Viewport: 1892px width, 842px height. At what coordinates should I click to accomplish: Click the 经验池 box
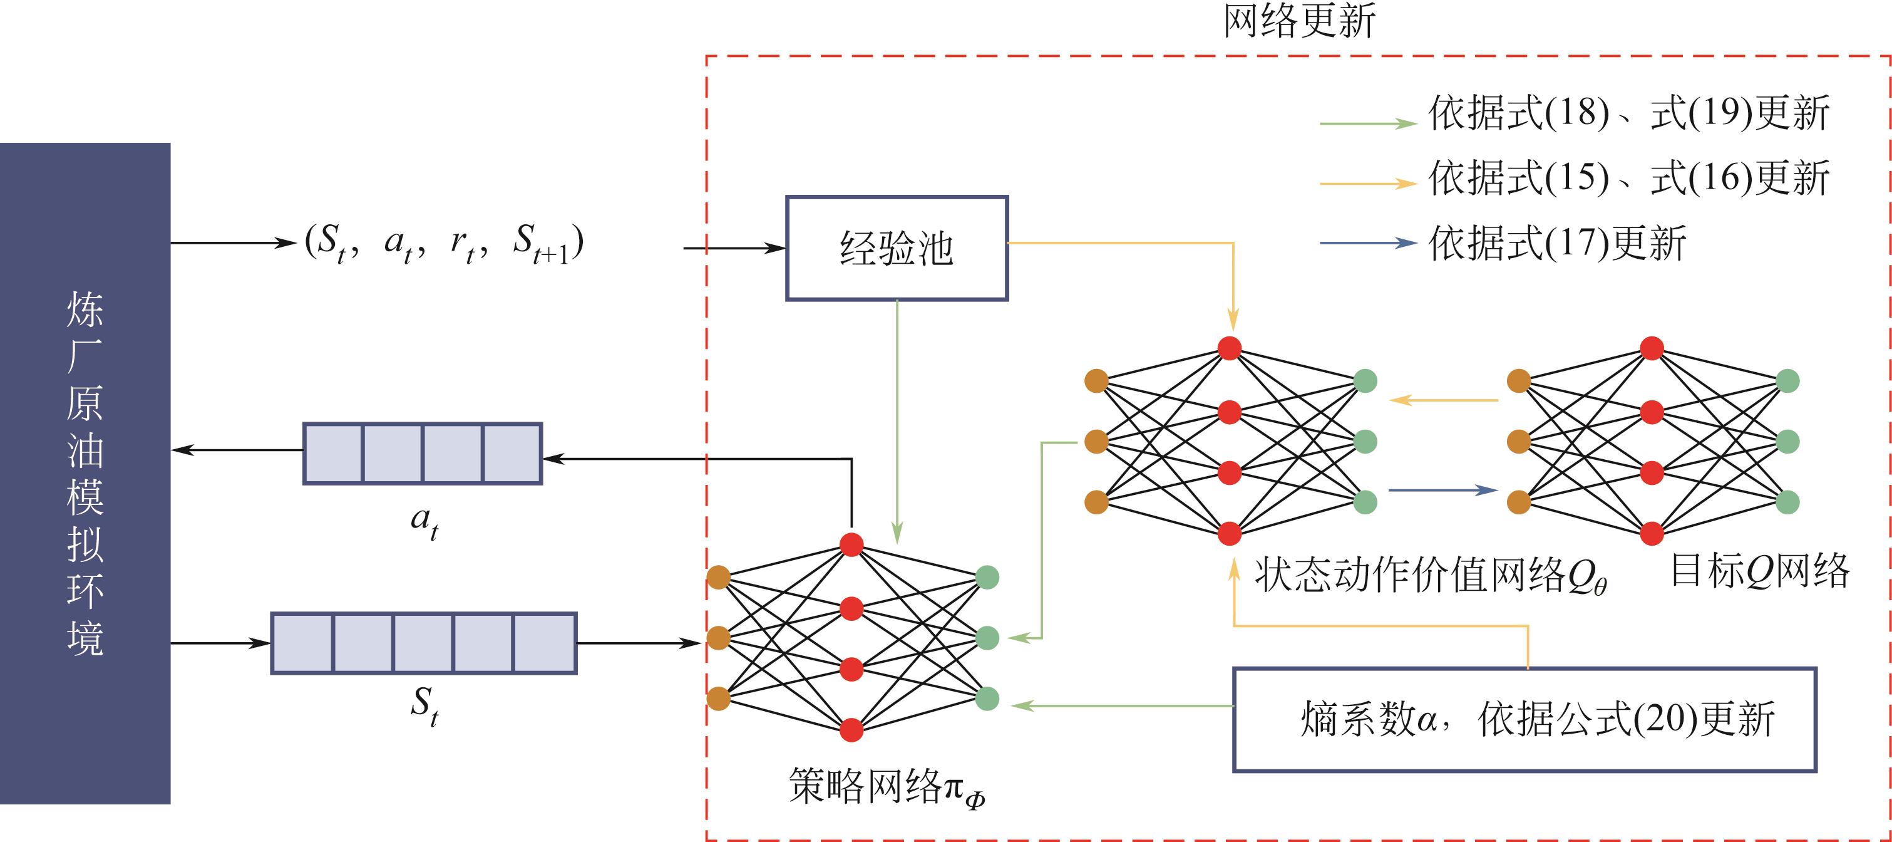coord(897,248)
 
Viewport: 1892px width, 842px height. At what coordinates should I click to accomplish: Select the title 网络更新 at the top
coord(1298,21)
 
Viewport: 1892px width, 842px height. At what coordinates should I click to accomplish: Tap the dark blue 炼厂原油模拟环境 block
coord(85,473)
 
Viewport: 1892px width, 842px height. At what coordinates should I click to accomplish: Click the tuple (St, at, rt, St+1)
coord(445,243)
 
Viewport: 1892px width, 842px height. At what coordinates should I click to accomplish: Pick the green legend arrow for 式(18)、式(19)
coord(1367,123)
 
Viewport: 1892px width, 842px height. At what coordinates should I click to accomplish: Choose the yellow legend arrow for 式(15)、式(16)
coord(1367,183)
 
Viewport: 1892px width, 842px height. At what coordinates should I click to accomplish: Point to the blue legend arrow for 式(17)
coord(1367,242)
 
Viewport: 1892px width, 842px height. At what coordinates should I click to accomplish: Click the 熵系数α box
coord(1524,719)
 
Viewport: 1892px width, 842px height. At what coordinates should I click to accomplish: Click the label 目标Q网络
coord(1760,571)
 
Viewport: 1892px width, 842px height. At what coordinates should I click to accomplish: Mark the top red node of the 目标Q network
coord(1652,348)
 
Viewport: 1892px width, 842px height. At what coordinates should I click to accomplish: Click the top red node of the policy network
coord(851,544)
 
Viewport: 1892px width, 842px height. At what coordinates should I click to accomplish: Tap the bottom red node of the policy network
coord(851,730)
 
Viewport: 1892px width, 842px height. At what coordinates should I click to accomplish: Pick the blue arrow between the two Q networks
coord(1442,490)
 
